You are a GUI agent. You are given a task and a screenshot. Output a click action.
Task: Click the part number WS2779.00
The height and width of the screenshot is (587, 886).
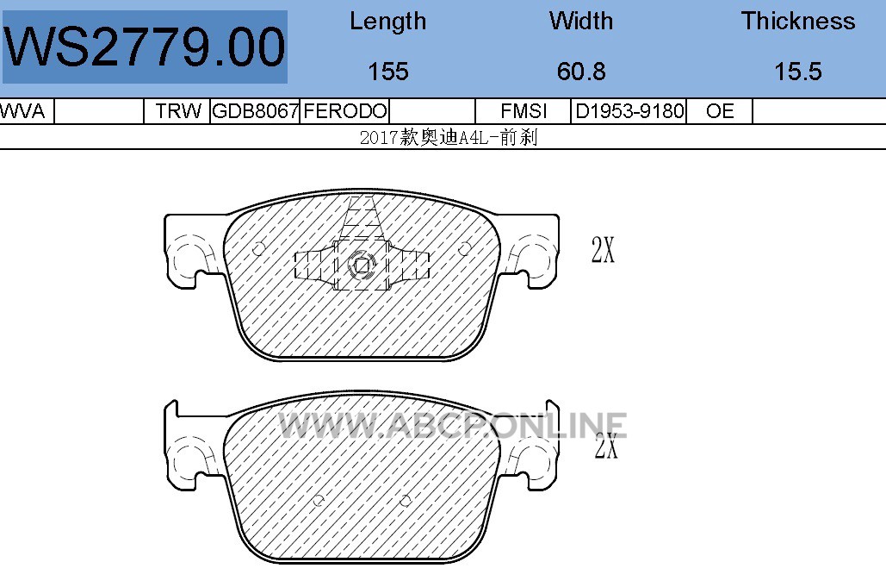click(x=145, y=47)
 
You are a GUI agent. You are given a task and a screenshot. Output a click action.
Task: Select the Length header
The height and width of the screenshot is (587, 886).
click(x=387, y=22)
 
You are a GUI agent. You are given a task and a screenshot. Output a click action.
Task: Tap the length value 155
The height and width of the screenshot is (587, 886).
click(x=388, y=72)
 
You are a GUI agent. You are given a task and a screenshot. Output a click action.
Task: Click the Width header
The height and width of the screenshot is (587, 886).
click(x=581, y=21)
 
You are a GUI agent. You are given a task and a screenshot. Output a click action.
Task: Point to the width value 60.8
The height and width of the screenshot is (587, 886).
click(x=581, y=72)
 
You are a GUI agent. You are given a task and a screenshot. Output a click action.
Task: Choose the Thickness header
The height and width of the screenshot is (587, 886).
click(x=798, y=21)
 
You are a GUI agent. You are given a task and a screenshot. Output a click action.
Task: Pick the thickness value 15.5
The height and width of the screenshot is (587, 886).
click(x=798, y=72)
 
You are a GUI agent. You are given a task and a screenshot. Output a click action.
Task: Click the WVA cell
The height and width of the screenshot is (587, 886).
click(x=22, y=111)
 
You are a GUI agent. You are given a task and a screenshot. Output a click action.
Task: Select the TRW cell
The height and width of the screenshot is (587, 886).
click(x=178, y=111)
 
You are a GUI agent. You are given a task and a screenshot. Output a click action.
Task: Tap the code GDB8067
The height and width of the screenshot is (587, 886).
click(x=255, y=111)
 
